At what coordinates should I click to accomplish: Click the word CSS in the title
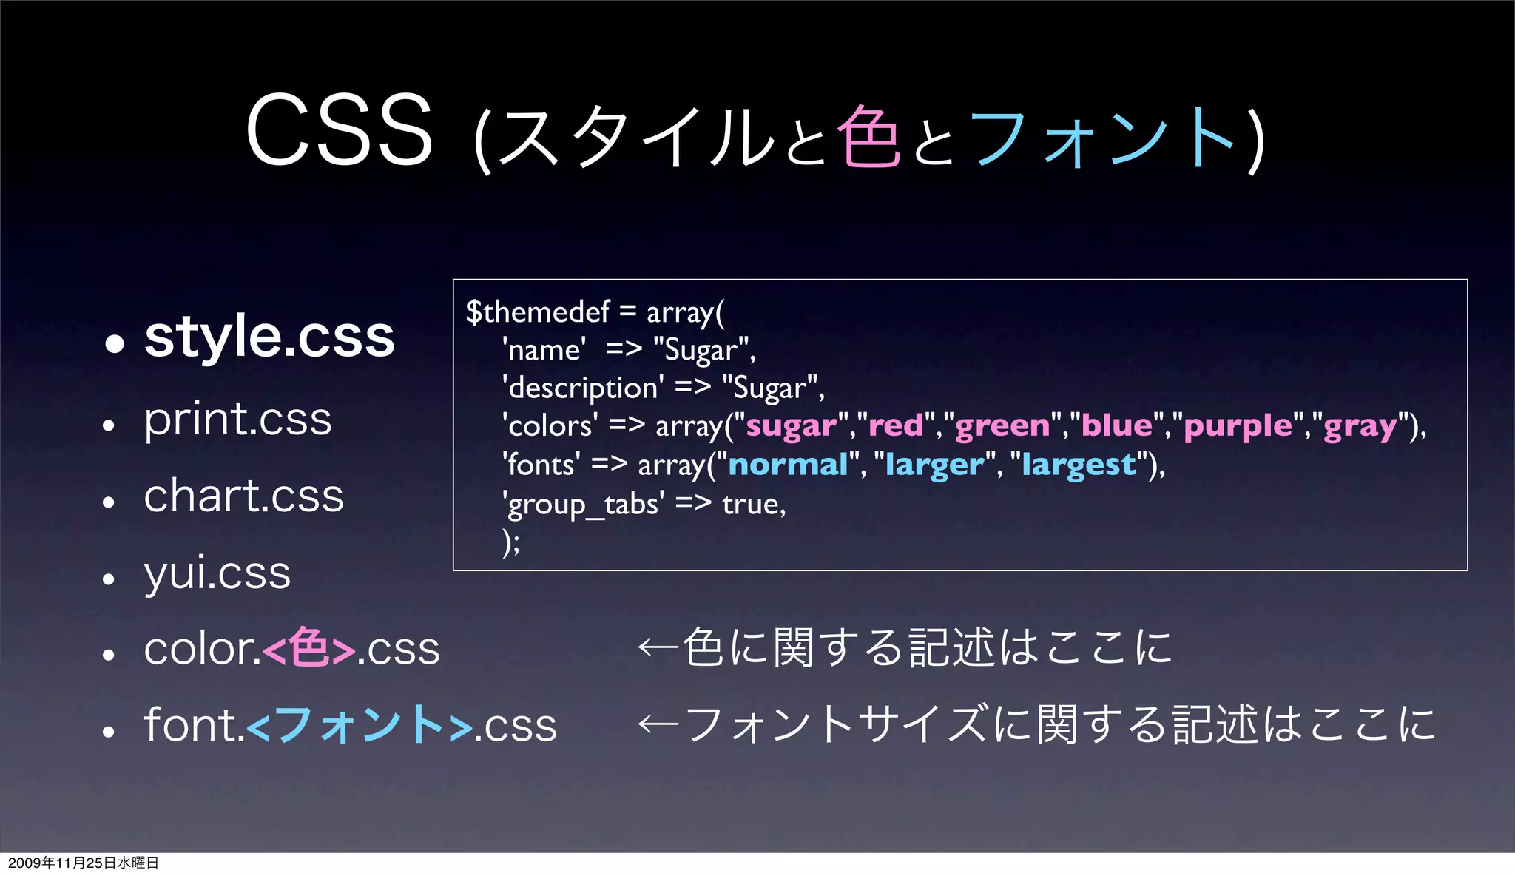tap(339, 132)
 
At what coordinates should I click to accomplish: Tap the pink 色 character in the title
tap(868, 136)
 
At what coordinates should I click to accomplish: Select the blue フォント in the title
tap(1102, 138)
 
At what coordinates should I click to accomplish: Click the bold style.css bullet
tap(269, 337)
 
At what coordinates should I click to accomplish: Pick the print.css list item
tap(237, 420)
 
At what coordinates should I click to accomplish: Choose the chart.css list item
tap(243, 496)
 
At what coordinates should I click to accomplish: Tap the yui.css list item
tap(217, 573)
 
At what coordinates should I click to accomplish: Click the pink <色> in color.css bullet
tap(308, 649)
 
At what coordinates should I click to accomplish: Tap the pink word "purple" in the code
tap(1238, 426)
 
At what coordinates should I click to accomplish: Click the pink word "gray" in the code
tap(1360, 426)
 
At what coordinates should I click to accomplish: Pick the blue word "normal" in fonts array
tap(788, 465)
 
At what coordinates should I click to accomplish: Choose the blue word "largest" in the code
tap(1079, 465)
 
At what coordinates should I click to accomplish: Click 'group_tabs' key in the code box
tap(583, 505)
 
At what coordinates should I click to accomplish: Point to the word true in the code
tap(752, 505)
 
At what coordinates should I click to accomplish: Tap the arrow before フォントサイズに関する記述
tap(657, 724)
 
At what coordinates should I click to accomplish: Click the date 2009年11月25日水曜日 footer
tap(83, 863)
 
